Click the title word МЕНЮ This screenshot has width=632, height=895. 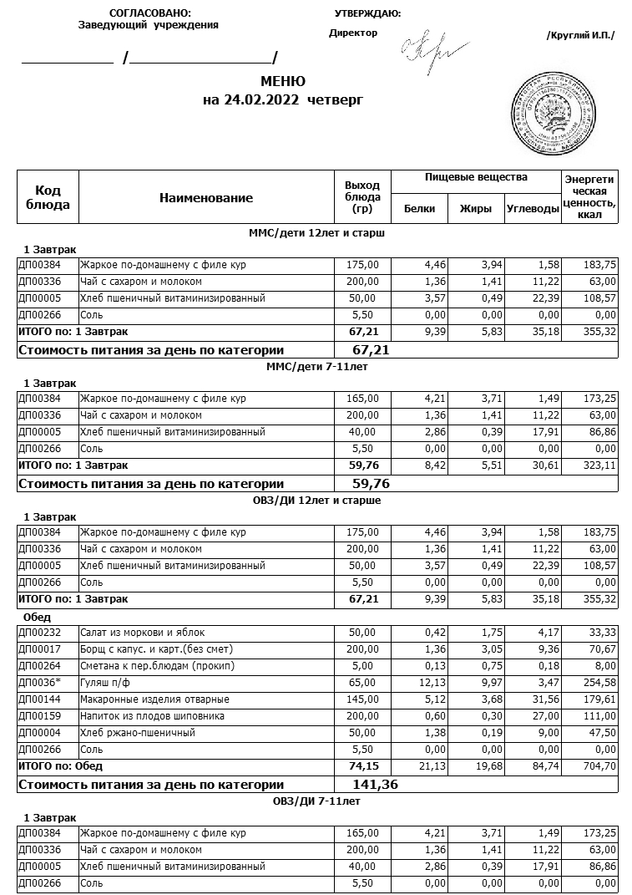click(x=283, y=81)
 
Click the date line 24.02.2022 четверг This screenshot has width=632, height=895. click(x=283, y=100)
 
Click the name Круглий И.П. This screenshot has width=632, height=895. click(x=579, y=35)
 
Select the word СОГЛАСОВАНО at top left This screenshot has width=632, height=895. click(x=149, y=13)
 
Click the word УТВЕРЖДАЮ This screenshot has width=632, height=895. click(x=367, y=13)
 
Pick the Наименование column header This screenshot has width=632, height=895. click(x=205, y=198)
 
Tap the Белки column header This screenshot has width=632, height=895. click(x=419, y=209)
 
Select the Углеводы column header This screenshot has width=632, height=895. click(x=532, y=209)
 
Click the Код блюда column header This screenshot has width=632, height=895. click(x=48, y=198)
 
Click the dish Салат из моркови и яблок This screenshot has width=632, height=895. click(x=142, y=633)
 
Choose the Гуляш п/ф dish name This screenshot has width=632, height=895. click(x=104, y=683)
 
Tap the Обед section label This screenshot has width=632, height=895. click(x=38, y=616)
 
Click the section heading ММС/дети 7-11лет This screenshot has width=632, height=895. click(x=316, y=366)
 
